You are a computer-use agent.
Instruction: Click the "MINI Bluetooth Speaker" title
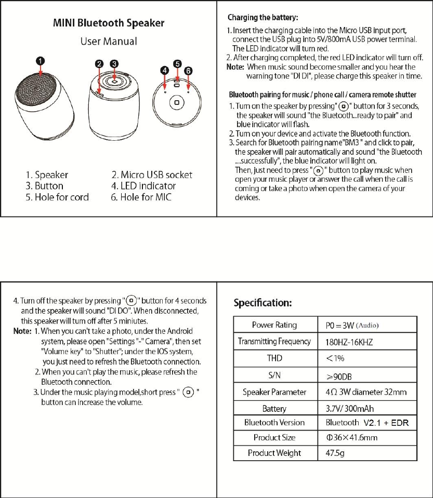(x=109, y=23)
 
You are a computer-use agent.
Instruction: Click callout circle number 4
(x=164, y=70)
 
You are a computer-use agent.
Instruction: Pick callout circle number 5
(x=177, y=63)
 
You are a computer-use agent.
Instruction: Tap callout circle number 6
(x=189, y=70)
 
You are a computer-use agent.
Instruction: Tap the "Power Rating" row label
(x=274, y=325)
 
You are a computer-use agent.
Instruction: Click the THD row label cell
(x=274, y=358)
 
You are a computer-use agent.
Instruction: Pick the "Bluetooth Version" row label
(x=274, y=423)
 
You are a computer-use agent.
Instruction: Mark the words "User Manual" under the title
(x=109, y=41)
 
